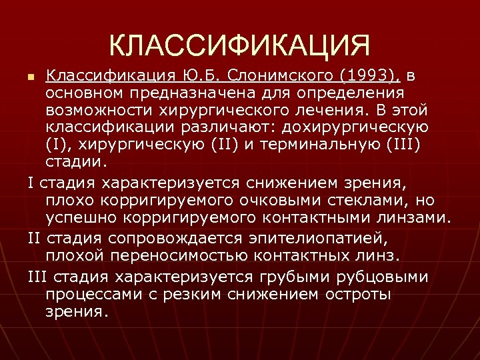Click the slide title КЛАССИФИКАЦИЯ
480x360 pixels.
click(239, 45)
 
